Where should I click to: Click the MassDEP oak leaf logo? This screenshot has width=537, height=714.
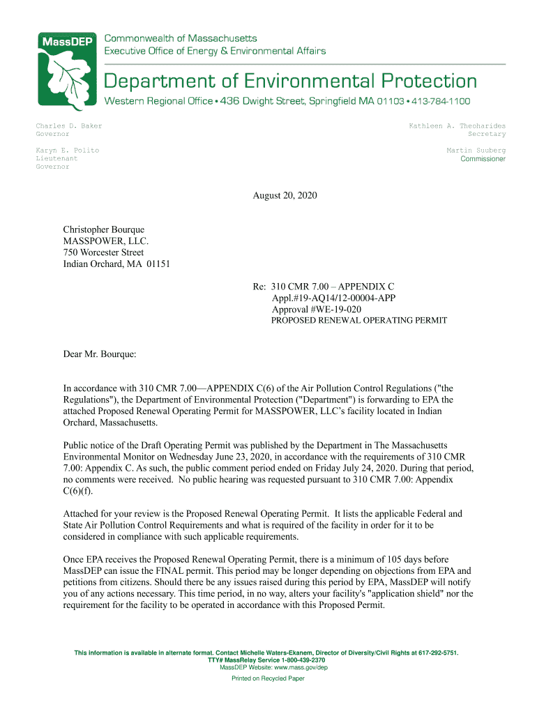tap(64, 70)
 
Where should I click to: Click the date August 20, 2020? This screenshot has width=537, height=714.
tap(285, 196)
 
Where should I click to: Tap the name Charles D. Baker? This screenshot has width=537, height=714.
tap(69, 126)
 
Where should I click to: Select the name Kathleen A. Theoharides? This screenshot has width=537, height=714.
tap(457, 126)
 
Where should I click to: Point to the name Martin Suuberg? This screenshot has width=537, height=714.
tap(476, 151)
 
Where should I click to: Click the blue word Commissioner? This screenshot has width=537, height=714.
tap(483, 159)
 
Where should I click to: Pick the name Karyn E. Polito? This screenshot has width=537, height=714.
tap(68, 151)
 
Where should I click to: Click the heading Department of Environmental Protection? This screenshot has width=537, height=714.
tap(291, 82)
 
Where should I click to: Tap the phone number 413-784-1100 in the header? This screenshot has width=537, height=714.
tap(441, 102)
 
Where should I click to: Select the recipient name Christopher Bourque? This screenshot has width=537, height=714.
tap(104, 229)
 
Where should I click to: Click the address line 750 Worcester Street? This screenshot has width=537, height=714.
tap(103, 252)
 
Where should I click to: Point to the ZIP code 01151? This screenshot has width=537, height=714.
tap(158, 264)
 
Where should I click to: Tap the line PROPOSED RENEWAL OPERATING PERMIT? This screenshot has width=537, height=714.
tap(358, 321)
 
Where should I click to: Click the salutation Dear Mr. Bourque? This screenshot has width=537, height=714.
tap(100, 354)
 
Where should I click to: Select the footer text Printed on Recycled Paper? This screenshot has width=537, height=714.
tap(268, 678)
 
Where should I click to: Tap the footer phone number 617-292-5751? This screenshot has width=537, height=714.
tap(439, 653)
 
